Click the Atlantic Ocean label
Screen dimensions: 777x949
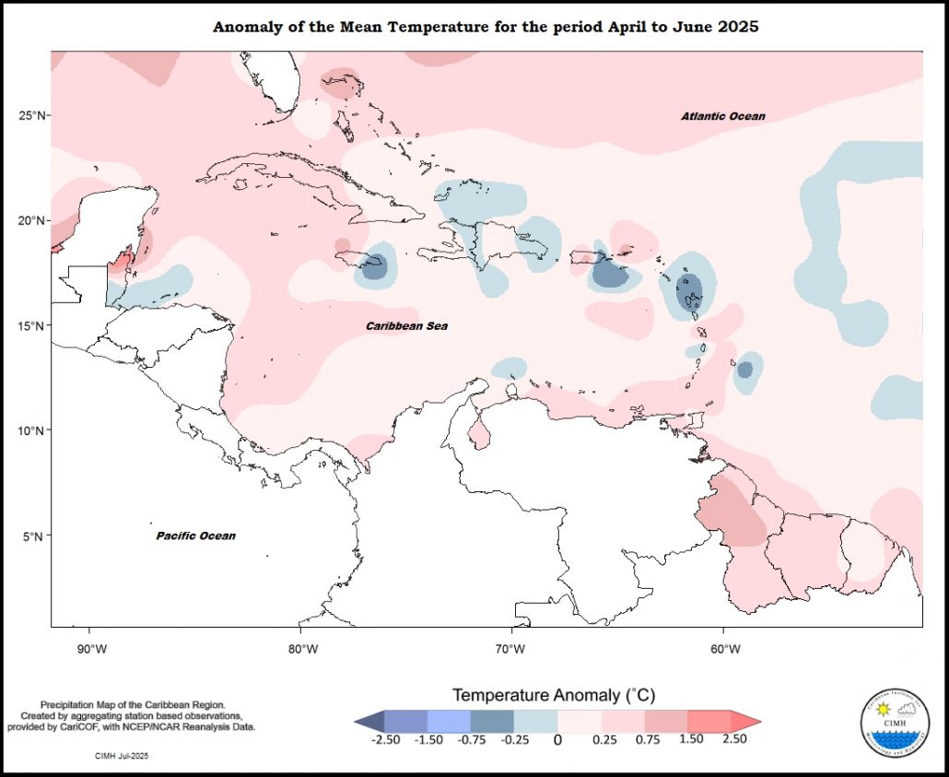(723, 116)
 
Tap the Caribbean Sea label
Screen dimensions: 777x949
(406, 326)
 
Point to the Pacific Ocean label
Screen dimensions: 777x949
(195, 536)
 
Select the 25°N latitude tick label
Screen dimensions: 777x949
(33, 115)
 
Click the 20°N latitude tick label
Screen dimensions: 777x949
(33, 221)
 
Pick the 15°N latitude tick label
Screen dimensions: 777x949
(33, 326)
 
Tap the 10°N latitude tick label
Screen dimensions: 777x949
(33, 430)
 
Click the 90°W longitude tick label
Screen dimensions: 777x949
(89, 648)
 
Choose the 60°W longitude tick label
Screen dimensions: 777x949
(725, 648)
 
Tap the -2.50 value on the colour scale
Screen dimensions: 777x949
(384, 738)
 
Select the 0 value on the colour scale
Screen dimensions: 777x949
(557, 738)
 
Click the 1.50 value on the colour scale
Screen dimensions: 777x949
(691, 738)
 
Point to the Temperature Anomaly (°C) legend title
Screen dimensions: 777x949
(553, 694)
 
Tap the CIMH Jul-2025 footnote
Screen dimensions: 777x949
(122, 756)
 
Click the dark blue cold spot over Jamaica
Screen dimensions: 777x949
(372, 267)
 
